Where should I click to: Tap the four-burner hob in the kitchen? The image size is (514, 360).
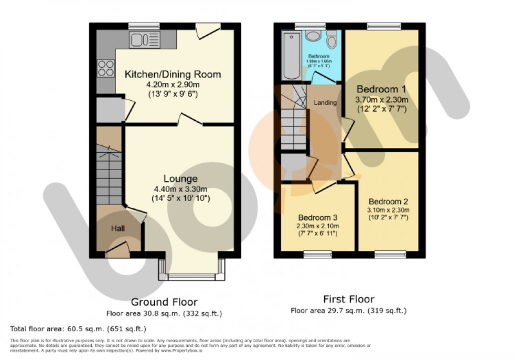tap(104, 68)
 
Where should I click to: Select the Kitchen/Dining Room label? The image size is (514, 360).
tap(172, 75)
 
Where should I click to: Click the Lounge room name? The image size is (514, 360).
tap(180, 178)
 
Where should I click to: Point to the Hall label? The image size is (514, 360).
tap(117, 228)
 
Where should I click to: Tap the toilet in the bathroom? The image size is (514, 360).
tap(331, 40)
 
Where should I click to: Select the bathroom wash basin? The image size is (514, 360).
tap(314, 35)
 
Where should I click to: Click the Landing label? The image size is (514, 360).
tap(325, 102)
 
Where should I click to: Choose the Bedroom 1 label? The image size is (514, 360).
tap(381, 89)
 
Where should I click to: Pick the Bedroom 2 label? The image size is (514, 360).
tap(388, 201)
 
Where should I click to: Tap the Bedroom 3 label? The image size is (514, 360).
tap(317, 217)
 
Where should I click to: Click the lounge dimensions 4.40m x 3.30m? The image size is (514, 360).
tap(180, 189)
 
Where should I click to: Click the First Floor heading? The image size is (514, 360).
tap(348, 299)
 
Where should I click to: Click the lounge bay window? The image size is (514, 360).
tap(192, 276)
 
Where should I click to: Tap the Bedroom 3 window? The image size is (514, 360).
tap(317, 255)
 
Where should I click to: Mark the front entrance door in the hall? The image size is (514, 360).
tap(117, 248)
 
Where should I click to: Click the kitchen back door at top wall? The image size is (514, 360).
tap(206, 31)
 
